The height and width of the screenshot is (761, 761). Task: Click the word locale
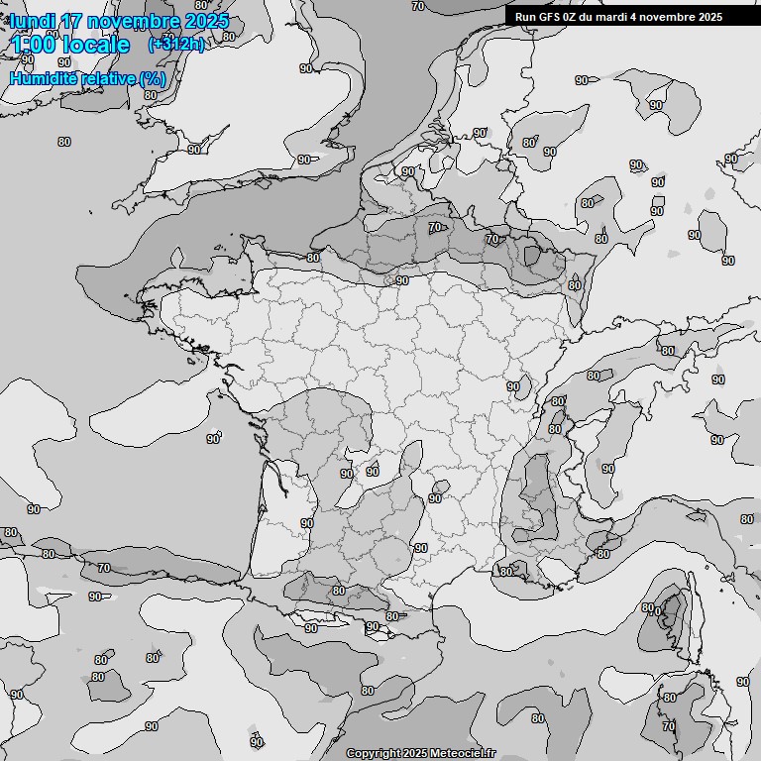[x=96, y=45]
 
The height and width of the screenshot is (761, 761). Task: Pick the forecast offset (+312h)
[x=176, y=45]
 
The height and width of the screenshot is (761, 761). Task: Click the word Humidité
[x=42, y=77]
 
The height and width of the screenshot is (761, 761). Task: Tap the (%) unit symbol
[x=152, y=77]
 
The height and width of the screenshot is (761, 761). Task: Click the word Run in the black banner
[x=526, y=16]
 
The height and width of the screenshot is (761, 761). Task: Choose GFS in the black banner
[x=551, y=16]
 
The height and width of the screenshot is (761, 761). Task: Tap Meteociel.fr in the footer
[x=462, y=754]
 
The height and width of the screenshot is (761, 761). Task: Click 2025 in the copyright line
[x=415, y=754]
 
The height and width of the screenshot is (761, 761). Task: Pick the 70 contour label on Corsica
[x=654, y=612]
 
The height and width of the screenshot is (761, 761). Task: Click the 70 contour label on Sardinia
[x=669, y=726]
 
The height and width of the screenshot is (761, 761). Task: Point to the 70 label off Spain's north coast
[x=104, y=568]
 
